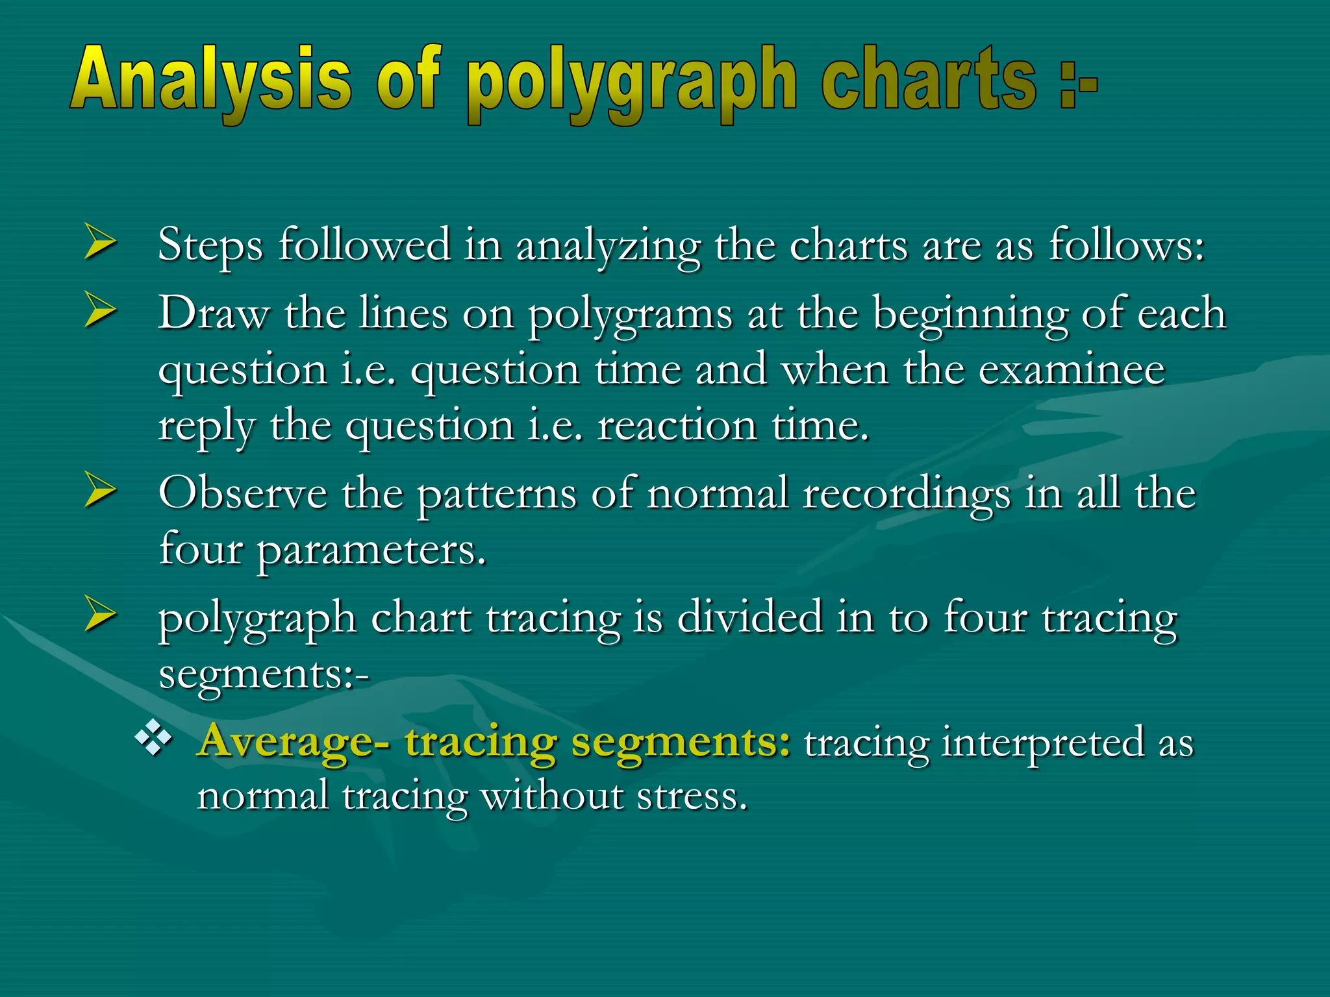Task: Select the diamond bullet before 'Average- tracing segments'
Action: tap(153, 738)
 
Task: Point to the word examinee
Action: tap(1072, 370)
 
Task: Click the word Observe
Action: tap(243, 493)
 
